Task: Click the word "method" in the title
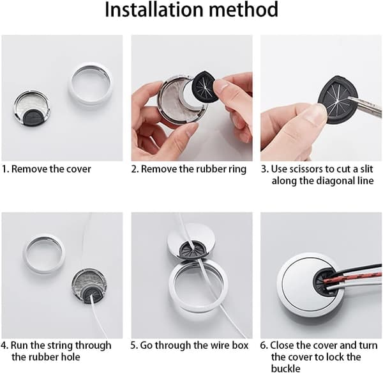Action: click(x=244, y=10)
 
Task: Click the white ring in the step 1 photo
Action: click(x=90, y=83)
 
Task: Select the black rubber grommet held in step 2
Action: click(x=204, y=84)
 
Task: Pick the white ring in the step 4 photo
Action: click(x=44, y=254)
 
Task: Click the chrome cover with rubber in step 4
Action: click(x=89, y=285)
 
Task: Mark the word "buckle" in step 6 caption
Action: click(x=286, y=368)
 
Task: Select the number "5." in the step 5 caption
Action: click(x=134, y=345)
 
